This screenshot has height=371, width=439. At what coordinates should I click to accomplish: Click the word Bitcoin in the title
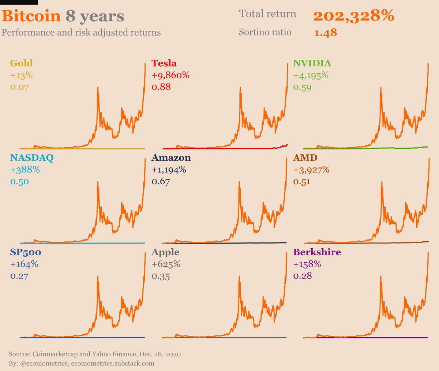coord(31,16)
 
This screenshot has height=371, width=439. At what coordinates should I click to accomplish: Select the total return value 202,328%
coord(354,16)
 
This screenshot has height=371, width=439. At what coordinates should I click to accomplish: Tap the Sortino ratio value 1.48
coord(326,33)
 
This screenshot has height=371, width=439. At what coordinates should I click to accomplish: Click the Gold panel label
coord(22,63)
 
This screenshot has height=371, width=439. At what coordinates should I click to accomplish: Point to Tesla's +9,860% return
coord(170,75)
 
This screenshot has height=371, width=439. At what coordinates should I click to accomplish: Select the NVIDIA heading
coord(312,63)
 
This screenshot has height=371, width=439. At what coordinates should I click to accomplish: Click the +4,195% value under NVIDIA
coord(311,75)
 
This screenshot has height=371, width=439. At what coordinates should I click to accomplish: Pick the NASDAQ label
coord(32,158)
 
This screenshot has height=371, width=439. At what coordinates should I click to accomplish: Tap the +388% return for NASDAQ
coord(25,170)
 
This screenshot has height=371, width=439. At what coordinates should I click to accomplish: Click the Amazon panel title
coord(171,158)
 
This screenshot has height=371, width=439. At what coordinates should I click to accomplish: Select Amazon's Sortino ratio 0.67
coord(161,181)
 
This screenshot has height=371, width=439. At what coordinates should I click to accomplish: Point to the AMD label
coord(305,158)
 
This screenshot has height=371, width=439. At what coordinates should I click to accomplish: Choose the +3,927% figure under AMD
coord(311,170)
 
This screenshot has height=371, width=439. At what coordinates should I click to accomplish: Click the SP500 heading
coord(26,252)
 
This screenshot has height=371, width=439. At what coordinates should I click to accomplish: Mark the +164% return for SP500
coord(24,264)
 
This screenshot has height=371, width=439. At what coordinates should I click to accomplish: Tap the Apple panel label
coord(166,252)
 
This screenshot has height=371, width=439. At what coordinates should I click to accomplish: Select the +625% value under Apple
coord(166,264)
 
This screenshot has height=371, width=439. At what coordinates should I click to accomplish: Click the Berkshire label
coord(317,252)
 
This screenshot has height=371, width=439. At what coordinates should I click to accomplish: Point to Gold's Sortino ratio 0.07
coord(19,87)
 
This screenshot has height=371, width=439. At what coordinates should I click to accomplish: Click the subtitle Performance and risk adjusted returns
coord(81,33)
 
